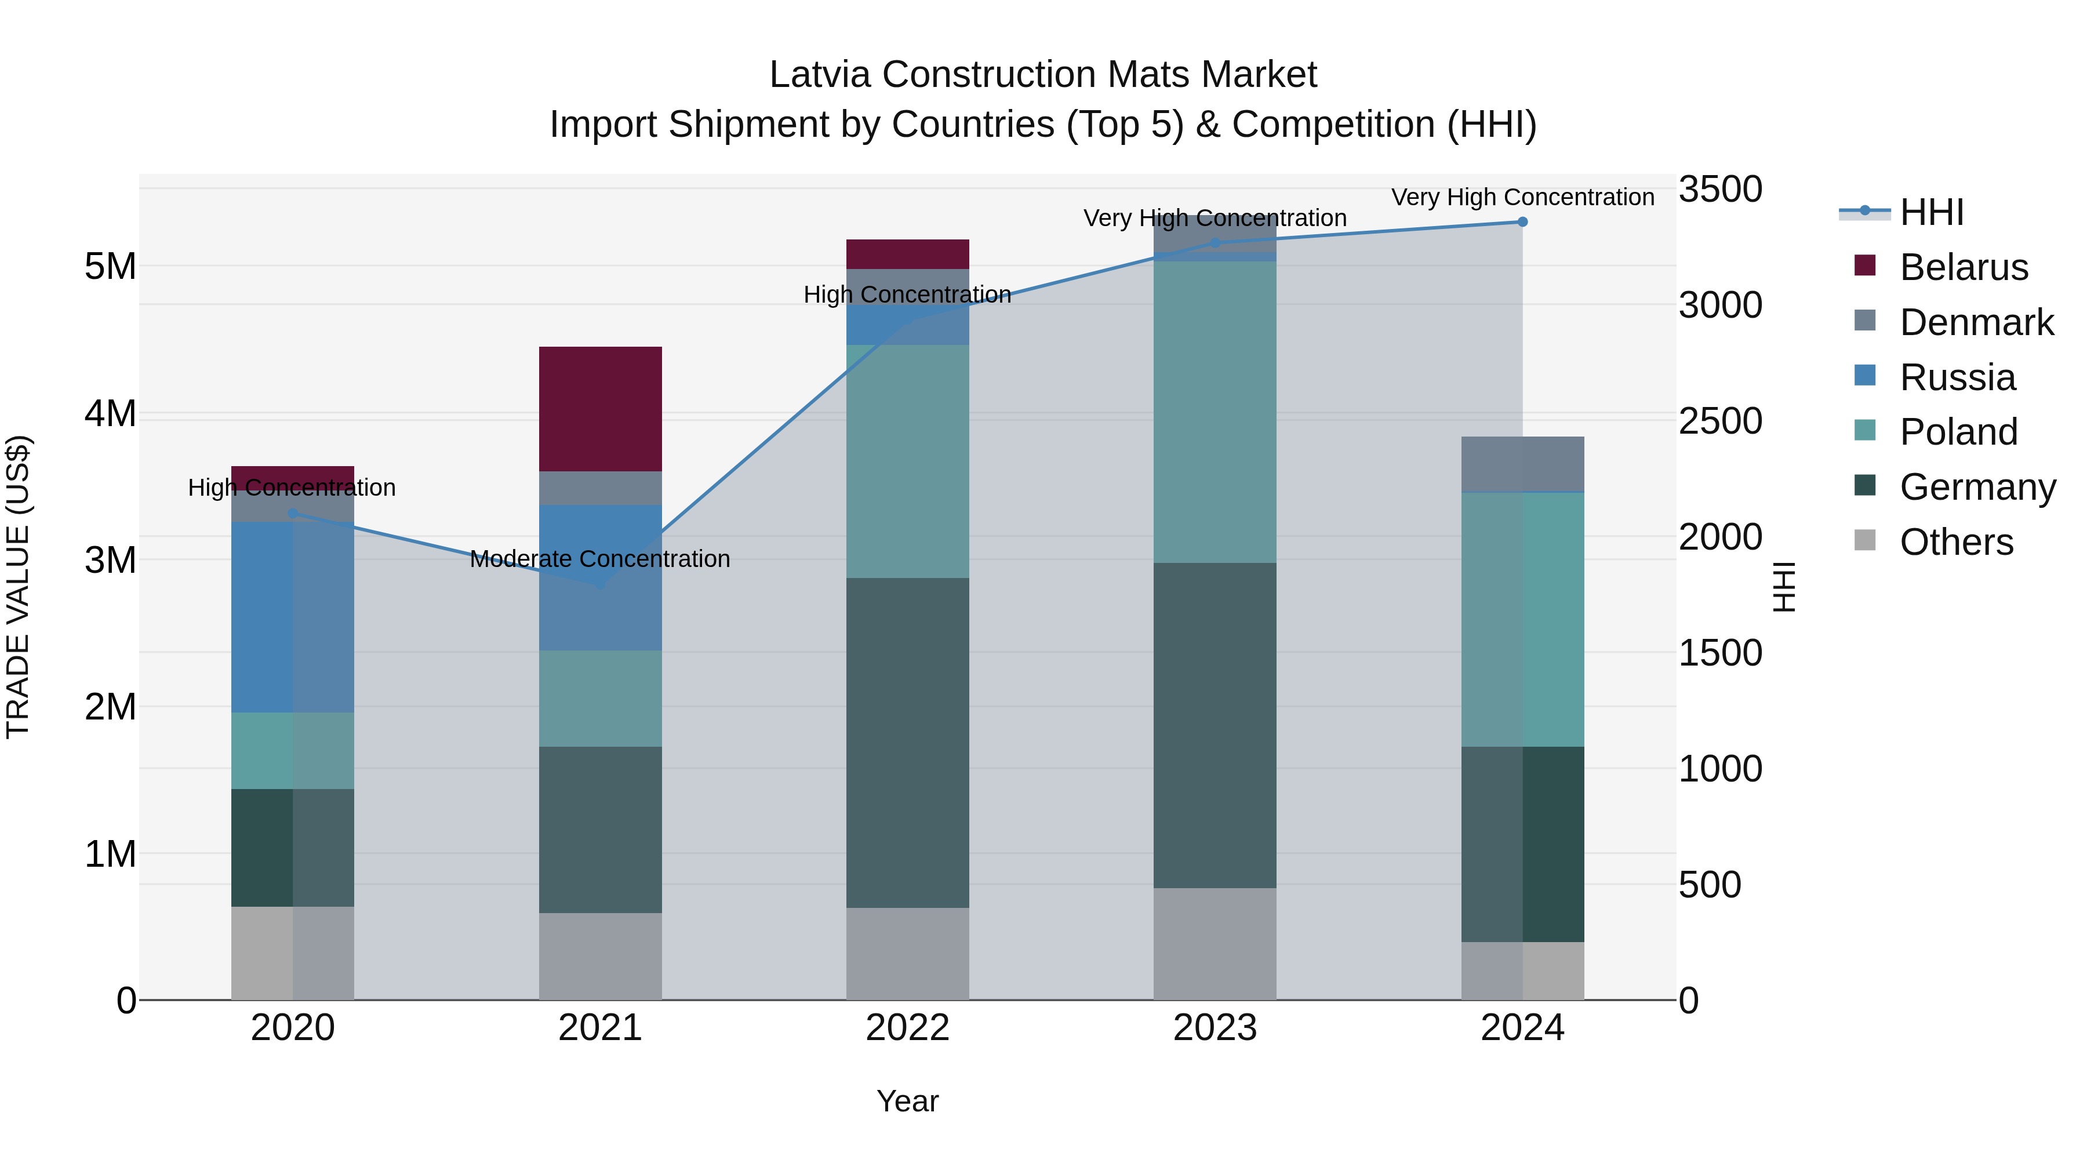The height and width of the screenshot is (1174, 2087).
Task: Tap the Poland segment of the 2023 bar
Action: [1215, 412]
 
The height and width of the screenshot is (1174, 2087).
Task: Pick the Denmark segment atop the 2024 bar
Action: [1522, 463]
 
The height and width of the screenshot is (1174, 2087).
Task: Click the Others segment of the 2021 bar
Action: [601, 956]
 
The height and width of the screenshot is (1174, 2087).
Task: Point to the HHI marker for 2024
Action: [1522, 222]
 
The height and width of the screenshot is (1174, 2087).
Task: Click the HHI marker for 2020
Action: [293, 513]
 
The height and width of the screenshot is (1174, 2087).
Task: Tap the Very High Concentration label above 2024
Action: [1522, 198]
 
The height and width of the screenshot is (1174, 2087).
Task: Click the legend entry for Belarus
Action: [1962, 267]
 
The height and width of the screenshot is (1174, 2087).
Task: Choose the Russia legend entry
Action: [1957, 377]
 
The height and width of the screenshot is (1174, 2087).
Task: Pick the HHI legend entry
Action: [1930, 212]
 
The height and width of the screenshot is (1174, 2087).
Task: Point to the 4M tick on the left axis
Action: [110, 413]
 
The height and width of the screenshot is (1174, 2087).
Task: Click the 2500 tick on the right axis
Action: [1720, 421]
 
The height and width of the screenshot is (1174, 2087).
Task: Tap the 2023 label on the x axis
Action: [1215, 1028]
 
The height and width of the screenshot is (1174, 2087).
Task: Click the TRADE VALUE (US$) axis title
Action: [18, 587]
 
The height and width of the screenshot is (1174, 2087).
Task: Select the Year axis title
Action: [907, 1101]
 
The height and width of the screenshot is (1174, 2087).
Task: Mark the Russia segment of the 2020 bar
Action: [293, 617]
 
